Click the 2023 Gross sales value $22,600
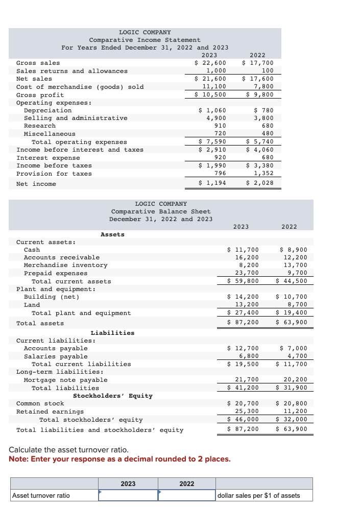tap(211, 63)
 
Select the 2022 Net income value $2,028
tap(260, 183)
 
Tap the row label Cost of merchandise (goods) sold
tap(80, 87)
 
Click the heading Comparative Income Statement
tap(145, 40)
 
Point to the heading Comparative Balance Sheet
tap(161, 211)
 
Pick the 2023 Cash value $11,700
tap(243, 250)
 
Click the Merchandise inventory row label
tap(66, 265)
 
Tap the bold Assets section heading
tap(112, 234)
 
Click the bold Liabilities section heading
tap(112, 333)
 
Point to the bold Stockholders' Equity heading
tap(112, 396)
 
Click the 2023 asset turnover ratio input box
tap(128, 495)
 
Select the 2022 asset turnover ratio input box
tap(186, 495)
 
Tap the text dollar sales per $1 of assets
tap(259, 495)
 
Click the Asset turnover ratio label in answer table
tap(41, 495)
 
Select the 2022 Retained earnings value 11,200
tap(295, 412)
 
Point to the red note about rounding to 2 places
tap(119, 459)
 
